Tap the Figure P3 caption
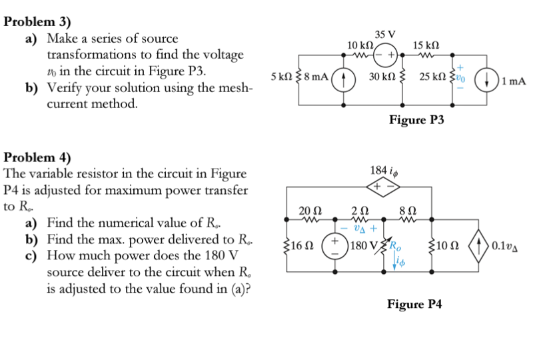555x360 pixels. pos(416,119)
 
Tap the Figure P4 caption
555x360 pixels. pos(414,304)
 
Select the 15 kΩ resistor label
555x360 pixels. pos(425,45)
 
